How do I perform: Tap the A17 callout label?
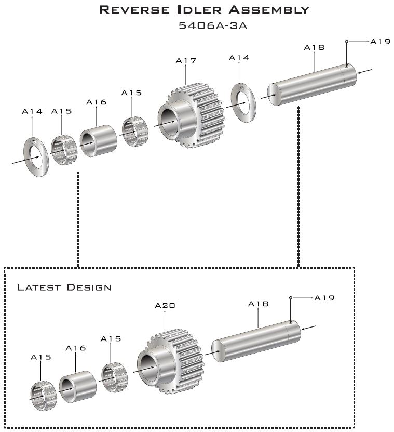[x=186, y=61]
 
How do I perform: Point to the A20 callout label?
[x=165, y=306]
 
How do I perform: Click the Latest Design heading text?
[x=64, y=287]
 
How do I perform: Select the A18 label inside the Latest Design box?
[x=258, y=304]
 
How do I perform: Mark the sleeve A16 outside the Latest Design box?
[x=98, y=141]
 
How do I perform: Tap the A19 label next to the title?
[x=380, y=42]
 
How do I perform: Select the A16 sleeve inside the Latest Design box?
[x=77, y=386]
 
